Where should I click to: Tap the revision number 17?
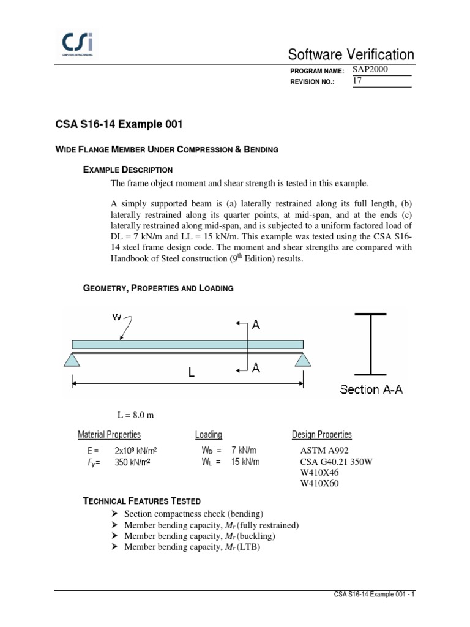click(x=358, y=81)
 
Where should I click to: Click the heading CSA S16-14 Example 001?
click(x=119, y=124)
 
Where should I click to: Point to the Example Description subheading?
click(x=127, y=170)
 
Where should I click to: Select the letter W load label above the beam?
click(x=117, y=317)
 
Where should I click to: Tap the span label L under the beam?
click(x=191, y=372)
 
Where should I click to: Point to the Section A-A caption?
click(x=370, y=389)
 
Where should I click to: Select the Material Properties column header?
click(x=109, y=435)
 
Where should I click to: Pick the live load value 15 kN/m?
click(x=245, y=462)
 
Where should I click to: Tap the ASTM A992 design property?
click(x=321, y=451)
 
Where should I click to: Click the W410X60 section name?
click(x=319, y=484)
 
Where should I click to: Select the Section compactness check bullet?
click(x=194, y=514)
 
